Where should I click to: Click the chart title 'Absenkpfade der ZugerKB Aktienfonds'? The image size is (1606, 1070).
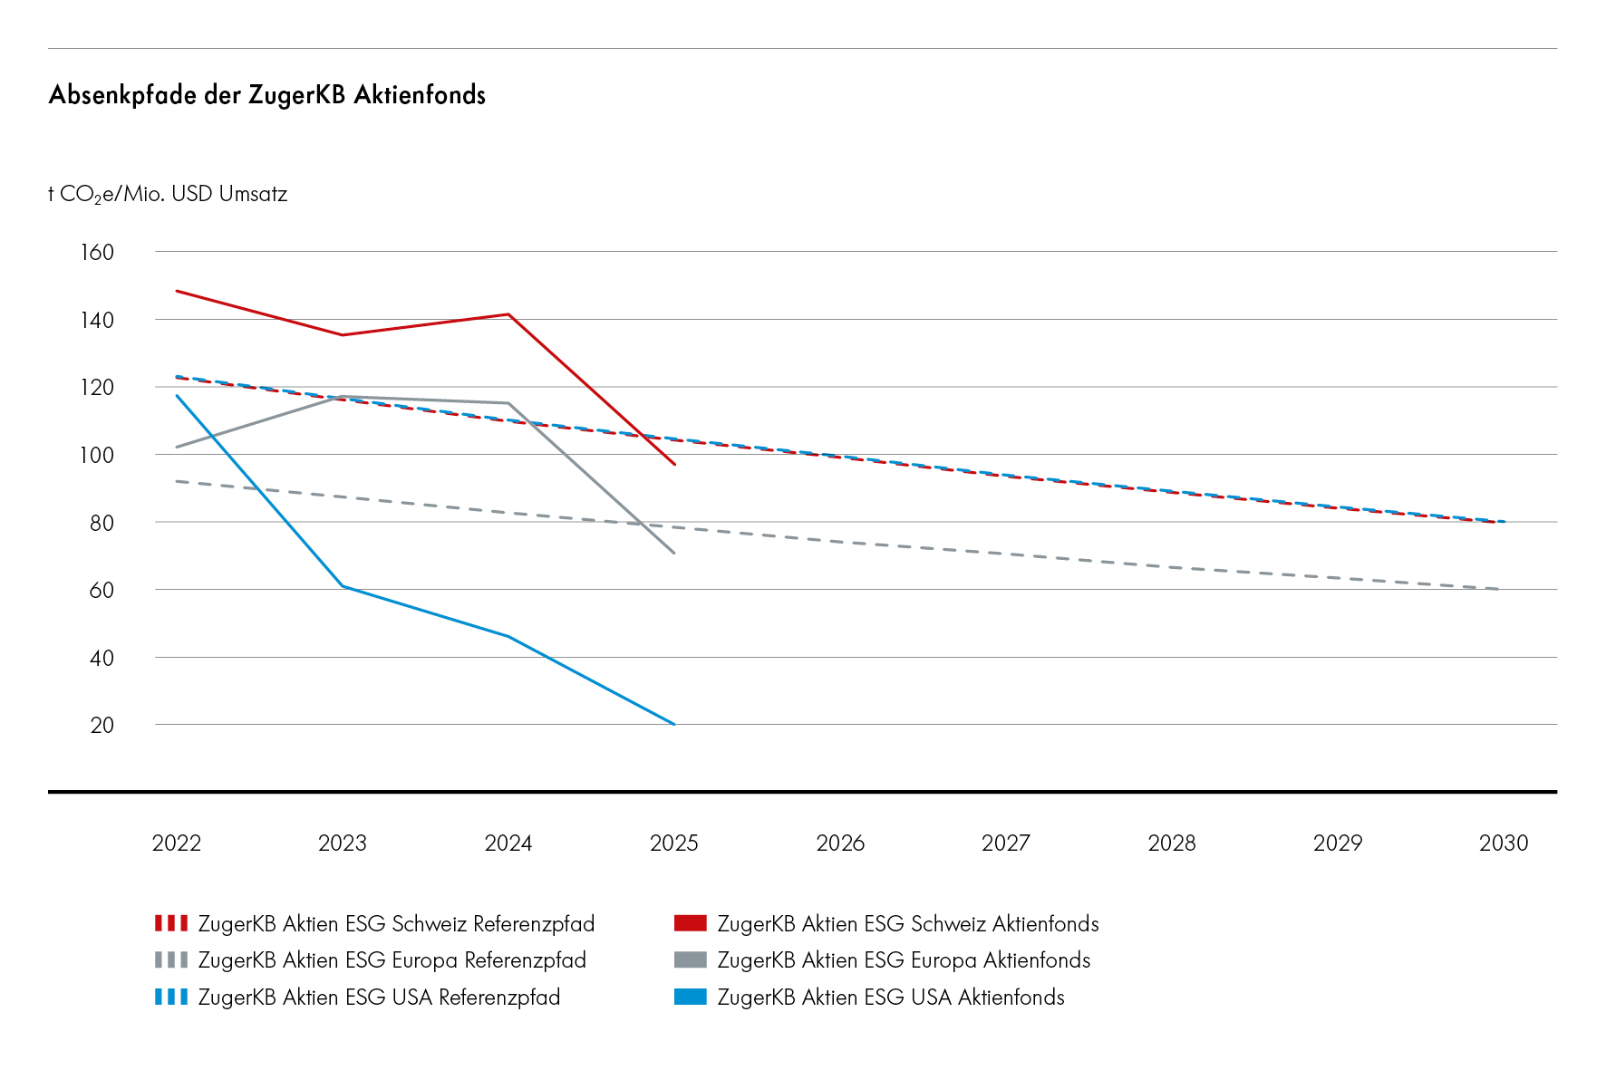coord(266,95)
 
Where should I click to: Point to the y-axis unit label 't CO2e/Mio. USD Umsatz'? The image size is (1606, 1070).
coord(168,195)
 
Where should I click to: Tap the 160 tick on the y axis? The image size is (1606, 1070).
coord(97,252)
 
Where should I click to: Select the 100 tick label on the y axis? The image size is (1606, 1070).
coord(97,455)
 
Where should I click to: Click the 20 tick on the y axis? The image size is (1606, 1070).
coord(102,725)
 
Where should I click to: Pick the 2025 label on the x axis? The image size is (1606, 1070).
coord(673,843)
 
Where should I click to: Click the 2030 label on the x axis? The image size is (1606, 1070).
coord(1503,843)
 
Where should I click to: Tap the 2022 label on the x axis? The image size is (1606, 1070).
coord(176,843)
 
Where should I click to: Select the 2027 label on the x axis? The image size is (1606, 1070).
coord(1005,843)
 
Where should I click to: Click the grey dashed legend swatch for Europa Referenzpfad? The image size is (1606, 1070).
coord(171,960)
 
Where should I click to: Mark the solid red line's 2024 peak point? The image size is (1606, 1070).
coord(508,314)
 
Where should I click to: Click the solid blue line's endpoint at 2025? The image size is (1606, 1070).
coord(673,724)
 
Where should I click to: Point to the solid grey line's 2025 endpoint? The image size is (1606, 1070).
coord(673,553)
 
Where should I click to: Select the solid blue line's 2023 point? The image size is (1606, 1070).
coord(343,586)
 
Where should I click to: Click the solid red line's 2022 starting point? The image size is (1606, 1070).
coord(177,291)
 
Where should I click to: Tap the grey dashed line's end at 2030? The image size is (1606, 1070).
coord(1497,589)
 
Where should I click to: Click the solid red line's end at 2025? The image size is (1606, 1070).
coord(674,464)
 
